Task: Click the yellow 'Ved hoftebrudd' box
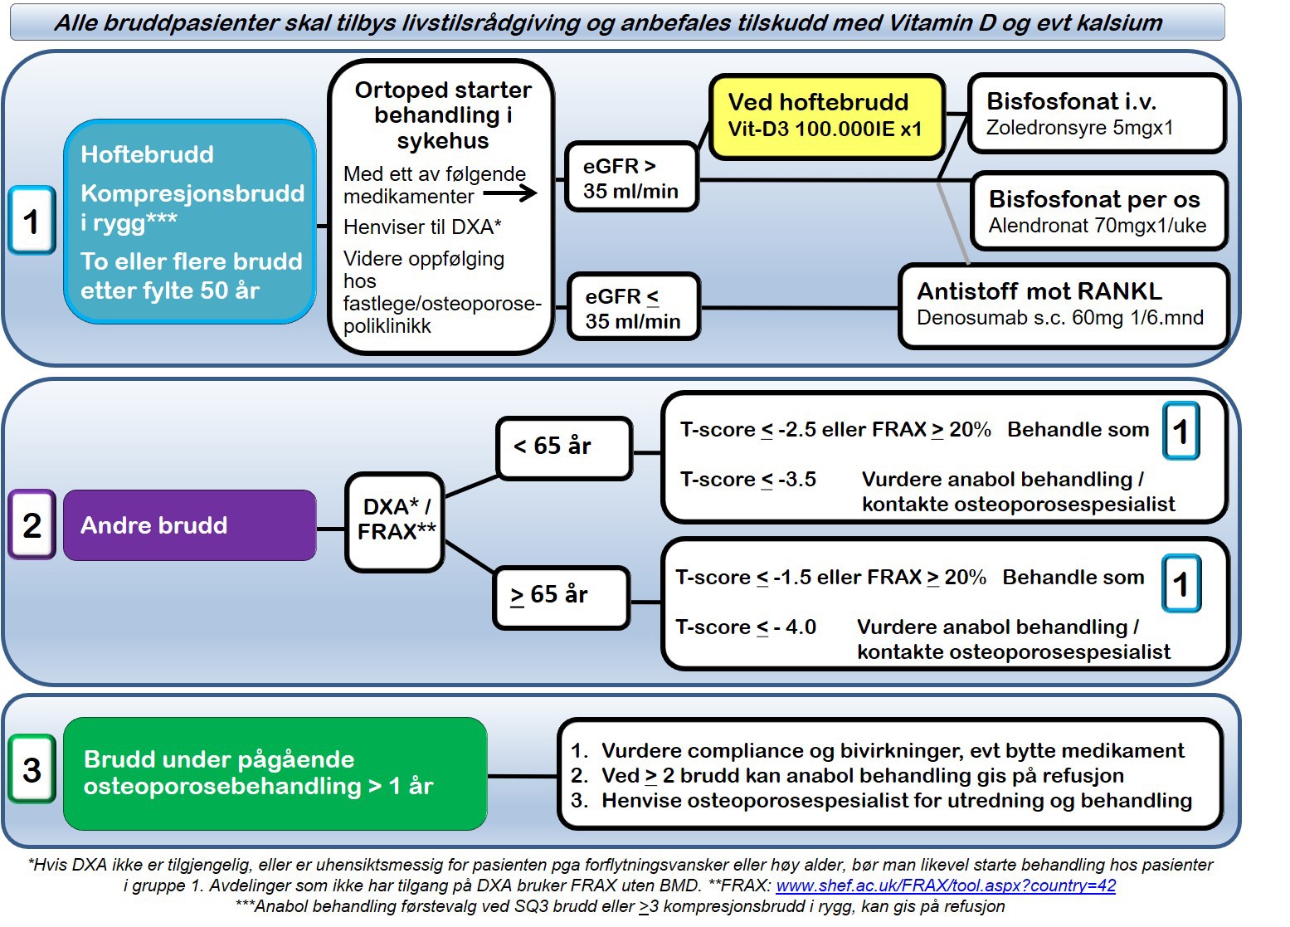(x=826, y=116)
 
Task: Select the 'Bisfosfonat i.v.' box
(x=1097, y=114)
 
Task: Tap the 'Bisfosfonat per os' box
(x=1098, y=211)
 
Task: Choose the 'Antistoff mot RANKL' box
(x=1063, y=305)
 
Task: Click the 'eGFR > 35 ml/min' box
(x=630, y=178)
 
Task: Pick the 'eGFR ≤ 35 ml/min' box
(x=633, y=308)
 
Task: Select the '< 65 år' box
(x=564, y=447)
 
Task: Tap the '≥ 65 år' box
(x=561, y=596)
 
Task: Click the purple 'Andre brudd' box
(x=189, y=525)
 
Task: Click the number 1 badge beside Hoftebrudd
(x=32, y=221)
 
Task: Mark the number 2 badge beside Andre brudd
(x=32, y=524)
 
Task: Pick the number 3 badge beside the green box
(x=32, y=769)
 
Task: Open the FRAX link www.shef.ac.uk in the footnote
(x=945, y=886)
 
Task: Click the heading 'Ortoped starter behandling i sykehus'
(x=442, y=115)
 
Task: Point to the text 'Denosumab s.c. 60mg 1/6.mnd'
(x=1059, y=318)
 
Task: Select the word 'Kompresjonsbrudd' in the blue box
(x=192, y=193)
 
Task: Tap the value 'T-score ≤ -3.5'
(x=747, y=480)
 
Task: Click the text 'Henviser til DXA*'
(x=422, y=227)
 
